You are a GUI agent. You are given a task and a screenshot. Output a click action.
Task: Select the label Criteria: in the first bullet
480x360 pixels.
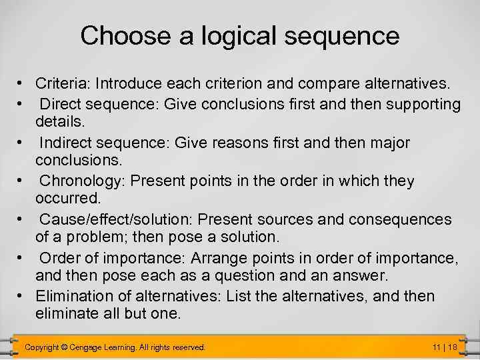pyautogui.click(x=63, y=85)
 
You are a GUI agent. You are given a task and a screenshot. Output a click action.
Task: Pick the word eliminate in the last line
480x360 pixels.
pyautogui.click(x=65, y=314)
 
